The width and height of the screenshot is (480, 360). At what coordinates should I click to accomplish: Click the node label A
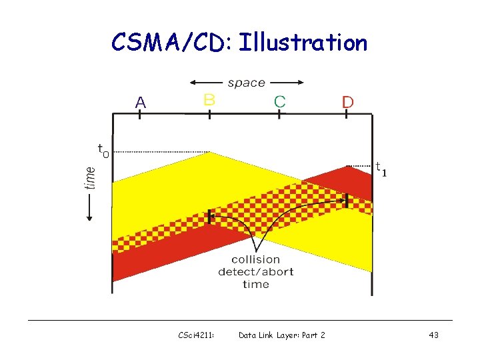(140, 102)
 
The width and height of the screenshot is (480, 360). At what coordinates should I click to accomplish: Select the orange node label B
(209, 100)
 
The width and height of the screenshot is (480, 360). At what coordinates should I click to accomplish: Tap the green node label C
(279, 101)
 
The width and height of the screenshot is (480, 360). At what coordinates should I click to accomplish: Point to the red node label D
(347, 102)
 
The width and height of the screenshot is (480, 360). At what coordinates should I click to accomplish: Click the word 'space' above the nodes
(246, 83)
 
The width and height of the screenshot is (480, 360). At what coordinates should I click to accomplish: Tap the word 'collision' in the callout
(255, 259)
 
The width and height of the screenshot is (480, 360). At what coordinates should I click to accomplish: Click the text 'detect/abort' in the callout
(255, 271)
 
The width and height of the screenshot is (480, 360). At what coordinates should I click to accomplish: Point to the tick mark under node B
(209, 114)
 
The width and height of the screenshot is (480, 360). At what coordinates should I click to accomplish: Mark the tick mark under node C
(279, 114)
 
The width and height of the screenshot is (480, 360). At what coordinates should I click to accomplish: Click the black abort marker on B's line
(210, 217)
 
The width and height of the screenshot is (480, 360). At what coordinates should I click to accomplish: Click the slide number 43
(433, 335)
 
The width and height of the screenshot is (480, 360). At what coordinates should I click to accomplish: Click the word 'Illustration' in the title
(303, 43)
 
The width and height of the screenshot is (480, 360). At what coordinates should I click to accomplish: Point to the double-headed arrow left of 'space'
(207, 83)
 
